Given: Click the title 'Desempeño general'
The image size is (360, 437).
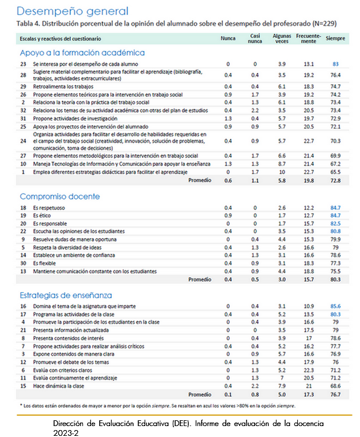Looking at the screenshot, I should pos(73,11).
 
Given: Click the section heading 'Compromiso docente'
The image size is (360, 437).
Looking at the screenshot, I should pos(59,197).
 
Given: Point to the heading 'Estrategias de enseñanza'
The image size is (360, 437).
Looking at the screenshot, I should pos(66,295).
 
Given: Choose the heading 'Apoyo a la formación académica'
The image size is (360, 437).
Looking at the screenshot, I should pos(82,52).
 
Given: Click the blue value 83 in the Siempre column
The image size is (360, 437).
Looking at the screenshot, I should pos(335,63).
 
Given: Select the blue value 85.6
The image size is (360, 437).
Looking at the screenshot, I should pos(335,306).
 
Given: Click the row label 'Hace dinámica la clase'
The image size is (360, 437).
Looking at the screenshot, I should pos(60,385).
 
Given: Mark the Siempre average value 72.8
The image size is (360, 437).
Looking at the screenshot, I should pos(335,180).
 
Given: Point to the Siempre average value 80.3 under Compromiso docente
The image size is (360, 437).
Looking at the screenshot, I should pos(335,279).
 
